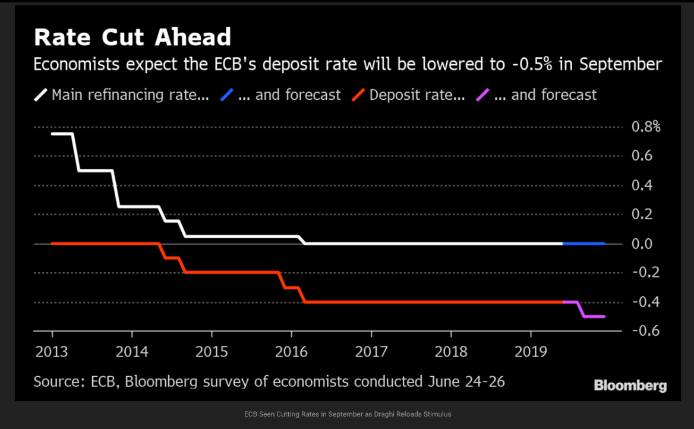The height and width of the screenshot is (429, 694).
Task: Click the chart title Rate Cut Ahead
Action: pyautogui.click(x=132, y=37)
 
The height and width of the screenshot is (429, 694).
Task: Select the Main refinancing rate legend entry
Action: pyautogui.click(x=130, y=94)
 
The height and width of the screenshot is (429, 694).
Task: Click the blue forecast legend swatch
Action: pyautogui.click(x=226, y=94)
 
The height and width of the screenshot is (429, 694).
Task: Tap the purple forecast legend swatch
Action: pyautogui.click(x=483, y=94)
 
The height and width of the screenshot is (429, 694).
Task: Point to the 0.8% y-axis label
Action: pyautogui.click(x=645, y=127)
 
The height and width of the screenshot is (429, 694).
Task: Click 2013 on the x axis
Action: pyautogui.click(x=52, y=352)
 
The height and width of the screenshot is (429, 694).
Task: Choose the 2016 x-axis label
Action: pyautogui.click(x=291, y=352)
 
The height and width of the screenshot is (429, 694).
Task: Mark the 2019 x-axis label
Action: pyautogui.click(x=531, y=352)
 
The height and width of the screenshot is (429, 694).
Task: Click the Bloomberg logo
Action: pyautogui.click(x=630, y=386)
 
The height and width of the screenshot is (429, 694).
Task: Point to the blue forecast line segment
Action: pyautogui.click(x=583, y=244)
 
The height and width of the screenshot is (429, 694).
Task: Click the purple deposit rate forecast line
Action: pyautogui.click(x=594, y=316)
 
